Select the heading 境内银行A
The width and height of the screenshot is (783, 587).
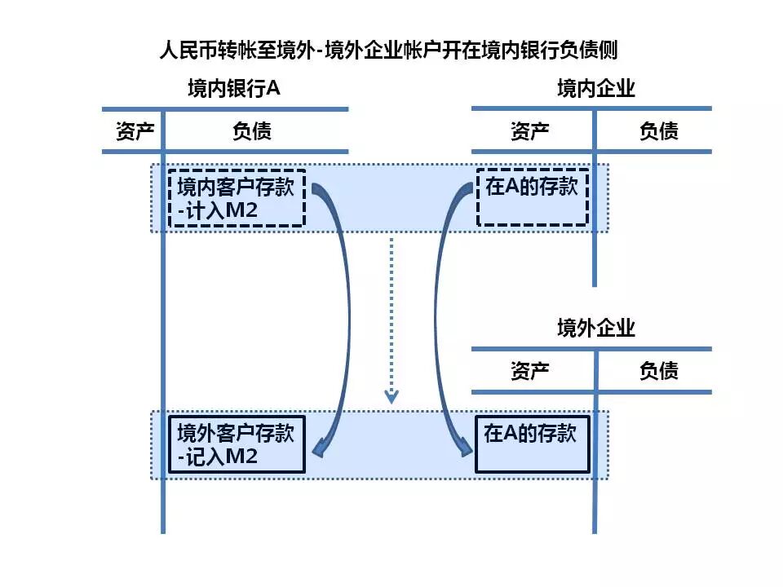(x=233, y=89)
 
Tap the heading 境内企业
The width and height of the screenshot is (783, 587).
(x=595, y=89)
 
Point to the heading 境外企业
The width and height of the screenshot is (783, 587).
(x=595, y=329)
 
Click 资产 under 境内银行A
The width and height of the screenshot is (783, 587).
(x=135, y=131)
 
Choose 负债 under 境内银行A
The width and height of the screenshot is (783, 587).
(x=252, y=131)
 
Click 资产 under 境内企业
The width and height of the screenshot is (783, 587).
(x=530, y=131)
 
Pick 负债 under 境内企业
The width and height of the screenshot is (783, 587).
(x=658, y=131)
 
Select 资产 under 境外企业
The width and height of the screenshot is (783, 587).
(x=530, y=372)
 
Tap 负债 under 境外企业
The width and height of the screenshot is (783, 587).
(x=658, y=372)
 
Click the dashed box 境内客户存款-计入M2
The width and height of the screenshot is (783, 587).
(x=237, y=198)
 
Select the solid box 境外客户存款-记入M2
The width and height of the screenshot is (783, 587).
(x=237, y=444)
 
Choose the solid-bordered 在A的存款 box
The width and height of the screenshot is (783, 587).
(x=533, y=444)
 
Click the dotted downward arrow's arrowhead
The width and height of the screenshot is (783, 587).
(x=392, y=397)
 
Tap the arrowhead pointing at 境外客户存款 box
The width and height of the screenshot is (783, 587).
(x=319, y=448)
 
